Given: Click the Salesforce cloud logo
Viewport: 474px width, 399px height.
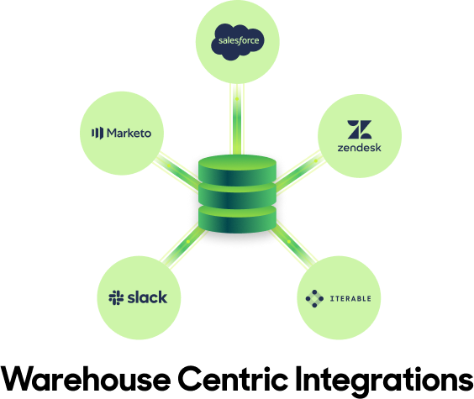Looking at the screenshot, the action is click(237, 42).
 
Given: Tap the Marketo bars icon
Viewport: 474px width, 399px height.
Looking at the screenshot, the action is click(97, 133).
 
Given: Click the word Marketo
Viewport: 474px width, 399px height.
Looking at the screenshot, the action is click(129, 133).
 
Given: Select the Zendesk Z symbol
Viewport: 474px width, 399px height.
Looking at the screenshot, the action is click(360, 129).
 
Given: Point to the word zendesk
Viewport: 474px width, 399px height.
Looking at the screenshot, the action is click(360, 148).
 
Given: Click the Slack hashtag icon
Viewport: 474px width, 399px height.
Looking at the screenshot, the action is click(116, 297).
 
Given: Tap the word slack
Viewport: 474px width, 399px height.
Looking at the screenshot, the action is click(147, 297).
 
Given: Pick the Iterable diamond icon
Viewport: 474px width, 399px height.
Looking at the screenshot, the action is click(314, 299).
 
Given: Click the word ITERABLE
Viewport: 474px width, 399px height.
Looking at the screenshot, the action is click(350, 299).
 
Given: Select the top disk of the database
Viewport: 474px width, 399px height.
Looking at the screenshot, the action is click(237, 171).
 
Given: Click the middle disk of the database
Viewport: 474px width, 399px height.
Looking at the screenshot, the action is click(237, 197).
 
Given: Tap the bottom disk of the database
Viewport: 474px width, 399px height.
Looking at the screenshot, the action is click(237, 220).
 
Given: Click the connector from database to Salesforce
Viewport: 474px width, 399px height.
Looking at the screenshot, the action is click(237, 119).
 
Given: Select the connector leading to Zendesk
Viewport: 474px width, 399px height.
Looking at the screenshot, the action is click(300, 171).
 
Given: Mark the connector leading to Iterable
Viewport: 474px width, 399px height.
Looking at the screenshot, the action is click(292, 244).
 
